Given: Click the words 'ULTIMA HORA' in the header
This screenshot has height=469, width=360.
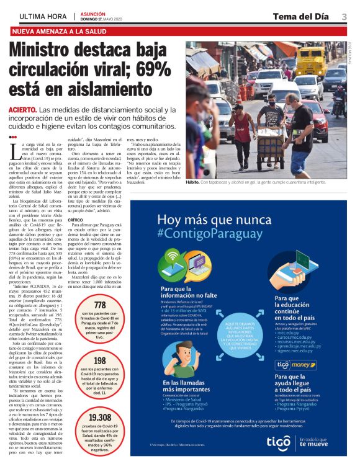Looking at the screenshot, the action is click(43, 17).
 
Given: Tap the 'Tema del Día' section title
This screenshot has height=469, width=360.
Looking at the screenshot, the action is click(300, 16).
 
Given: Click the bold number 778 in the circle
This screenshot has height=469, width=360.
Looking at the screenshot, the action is click(99, 305).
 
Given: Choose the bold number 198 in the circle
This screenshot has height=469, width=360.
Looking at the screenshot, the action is click(99, 360).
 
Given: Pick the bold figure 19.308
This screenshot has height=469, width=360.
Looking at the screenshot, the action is click(99, 417).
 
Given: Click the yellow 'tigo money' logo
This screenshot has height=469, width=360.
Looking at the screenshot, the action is click(295, 365).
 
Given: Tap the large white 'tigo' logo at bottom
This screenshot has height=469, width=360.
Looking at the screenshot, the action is click(279, 441).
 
